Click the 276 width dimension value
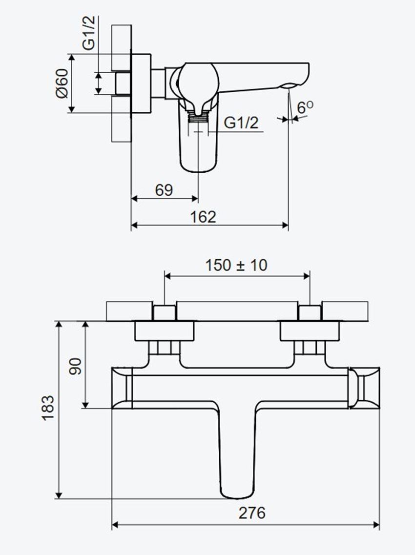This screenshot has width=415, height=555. [252, 513]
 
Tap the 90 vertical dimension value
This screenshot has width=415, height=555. [75, 365]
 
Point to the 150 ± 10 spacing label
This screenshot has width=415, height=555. [236, 265]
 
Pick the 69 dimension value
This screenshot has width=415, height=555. [164, 190]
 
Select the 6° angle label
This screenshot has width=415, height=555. [305, 107]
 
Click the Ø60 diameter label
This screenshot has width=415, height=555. [62, 83]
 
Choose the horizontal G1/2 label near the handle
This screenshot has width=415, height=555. [241, 123]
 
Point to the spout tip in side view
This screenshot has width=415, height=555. [290, 86]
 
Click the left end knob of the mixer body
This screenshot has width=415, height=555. [122, 388]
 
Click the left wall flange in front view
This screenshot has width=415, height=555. [164, 331]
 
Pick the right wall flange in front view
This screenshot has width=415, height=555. [310, 331]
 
